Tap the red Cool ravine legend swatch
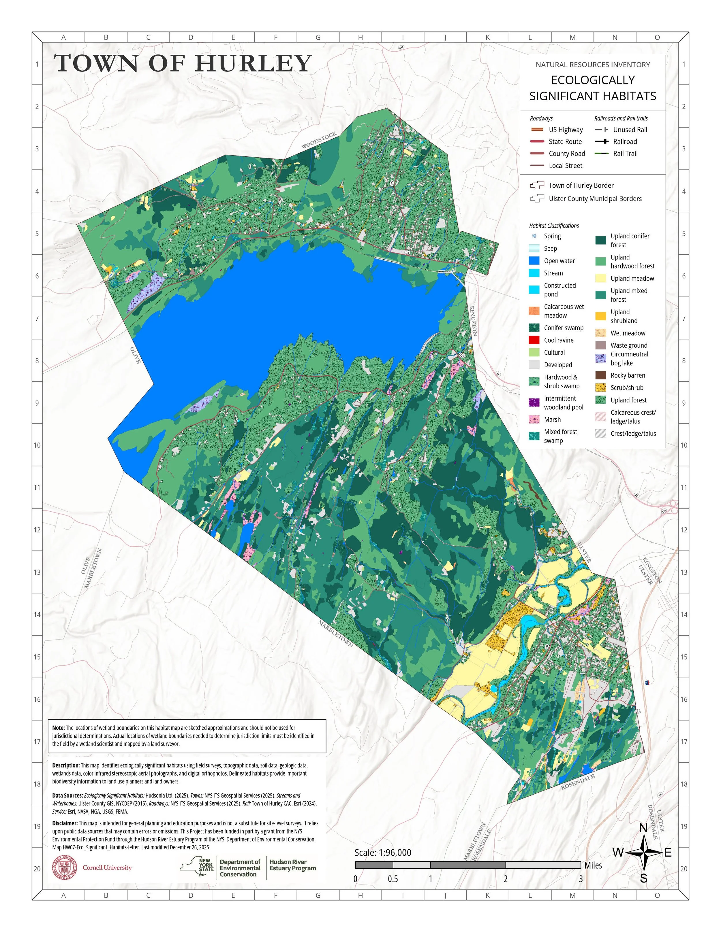click(x=534, y=340)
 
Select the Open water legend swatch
click(x=534, y=261)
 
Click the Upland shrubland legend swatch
click(x=600, y=316)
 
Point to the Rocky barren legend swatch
click(x=600, y=375)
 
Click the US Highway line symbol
click(x=537, y=130)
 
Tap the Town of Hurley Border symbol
click(x=537, y=185)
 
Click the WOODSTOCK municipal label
click(x=319, y=140)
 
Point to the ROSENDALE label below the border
click(x=577, y=782)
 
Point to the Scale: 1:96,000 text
click(x=383, y=852)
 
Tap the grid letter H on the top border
click(x=360, y=37)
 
